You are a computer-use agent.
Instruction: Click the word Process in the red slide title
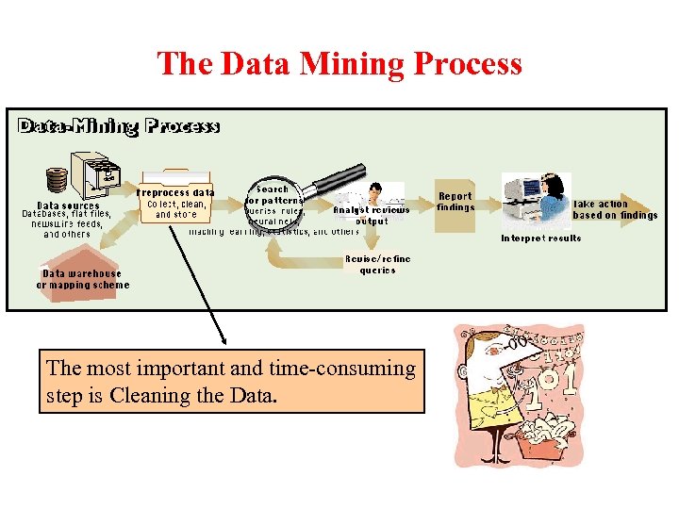click(467, 63)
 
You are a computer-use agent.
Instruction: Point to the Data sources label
click(68, 205)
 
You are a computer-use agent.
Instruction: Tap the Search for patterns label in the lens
click(274, 195)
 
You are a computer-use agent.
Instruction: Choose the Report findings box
click(455, 201)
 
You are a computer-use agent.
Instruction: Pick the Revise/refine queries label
click(377, 264)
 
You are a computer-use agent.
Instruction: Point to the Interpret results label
click(540, 238)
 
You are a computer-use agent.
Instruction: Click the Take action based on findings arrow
click(614, 209)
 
